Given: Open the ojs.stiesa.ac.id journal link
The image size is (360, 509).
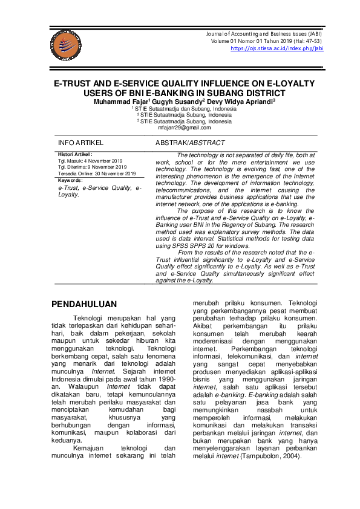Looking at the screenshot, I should click(x=277, y=49).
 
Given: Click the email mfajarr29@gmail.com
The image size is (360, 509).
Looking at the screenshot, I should click(x=184, y=128).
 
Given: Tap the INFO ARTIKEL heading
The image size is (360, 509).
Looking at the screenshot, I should click(x=80, y=143).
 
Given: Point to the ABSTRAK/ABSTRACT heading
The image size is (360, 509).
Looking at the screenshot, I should click(x=190, y=143).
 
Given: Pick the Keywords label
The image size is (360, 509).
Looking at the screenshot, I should click(x=70, y=180).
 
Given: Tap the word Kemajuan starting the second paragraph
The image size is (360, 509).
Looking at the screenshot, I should click(x=90, y=447).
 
